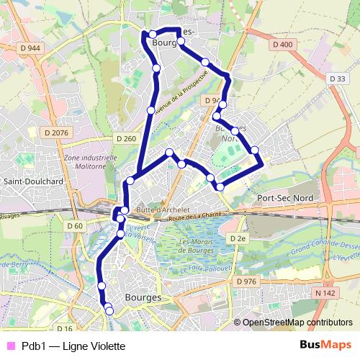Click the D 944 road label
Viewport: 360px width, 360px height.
click(x=30, y=47)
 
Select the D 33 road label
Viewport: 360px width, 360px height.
click(x=337, y=78)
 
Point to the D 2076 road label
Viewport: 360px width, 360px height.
click(x=55, y=132)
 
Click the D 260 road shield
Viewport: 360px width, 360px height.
click(x=125, y=138)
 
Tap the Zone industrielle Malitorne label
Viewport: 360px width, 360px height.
click(x=90, y=162)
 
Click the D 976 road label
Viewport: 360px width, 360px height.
click(x=246, y=281)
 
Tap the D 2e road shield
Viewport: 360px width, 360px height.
click(x=238, y=238)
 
